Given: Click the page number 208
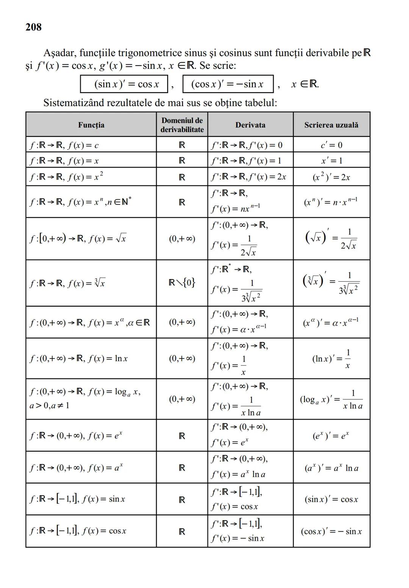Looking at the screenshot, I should click(x=34, y=27).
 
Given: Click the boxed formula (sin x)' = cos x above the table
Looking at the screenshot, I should click(x=124, y=84).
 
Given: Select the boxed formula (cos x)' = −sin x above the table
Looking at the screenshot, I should click(x=228, y=84).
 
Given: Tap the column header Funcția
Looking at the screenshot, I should click(x=91, y=125).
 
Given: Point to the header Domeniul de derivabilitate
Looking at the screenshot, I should click(x=182, y=125).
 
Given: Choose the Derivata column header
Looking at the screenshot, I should click(x=250, y=125).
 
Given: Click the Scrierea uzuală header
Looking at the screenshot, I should click(x=331, y=125).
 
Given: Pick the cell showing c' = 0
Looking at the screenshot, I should click(x=331, y=145).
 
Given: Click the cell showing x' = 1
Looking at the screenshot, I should click(x=331, y=161).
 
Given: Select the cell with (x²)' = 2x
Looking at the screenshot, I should click(x=331, y=177).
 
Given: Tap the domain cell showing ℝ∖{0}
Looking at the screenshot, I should click(x=182, y=282).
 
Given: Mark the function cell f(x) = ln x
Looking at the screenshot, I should click(x=79, y=359).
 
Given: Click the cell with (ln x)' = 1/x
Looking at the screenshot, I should click(x=331, y=359).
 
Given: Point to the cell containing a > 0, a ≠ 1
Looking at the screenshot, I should click(x=50, y=406).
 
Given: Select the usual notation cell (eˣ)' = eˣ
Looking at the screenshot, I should click(x=331, y=436).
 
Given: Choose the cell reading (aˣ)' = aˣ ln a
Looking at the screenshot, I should click(x=331, y=468).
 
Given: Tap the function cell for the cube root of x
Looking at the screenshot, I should click(x=68, y=283).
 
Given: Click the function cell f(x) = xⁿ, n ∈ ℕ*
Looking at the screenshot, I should click(x=81, y=202).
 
